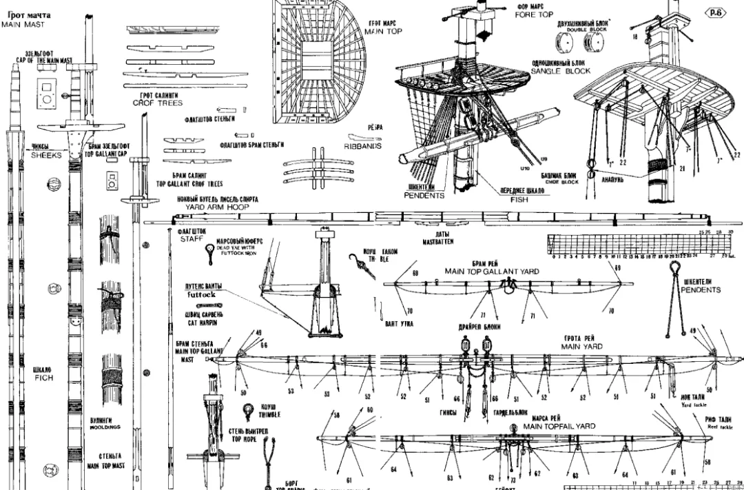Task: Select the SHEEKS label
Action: tap(46, 155)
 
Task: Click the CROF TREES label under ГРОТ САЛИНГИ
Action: tap(158, 103)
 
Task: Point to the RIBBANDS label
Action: tap(364, 146)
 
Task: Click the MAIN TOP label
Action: tap(382, 32)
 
